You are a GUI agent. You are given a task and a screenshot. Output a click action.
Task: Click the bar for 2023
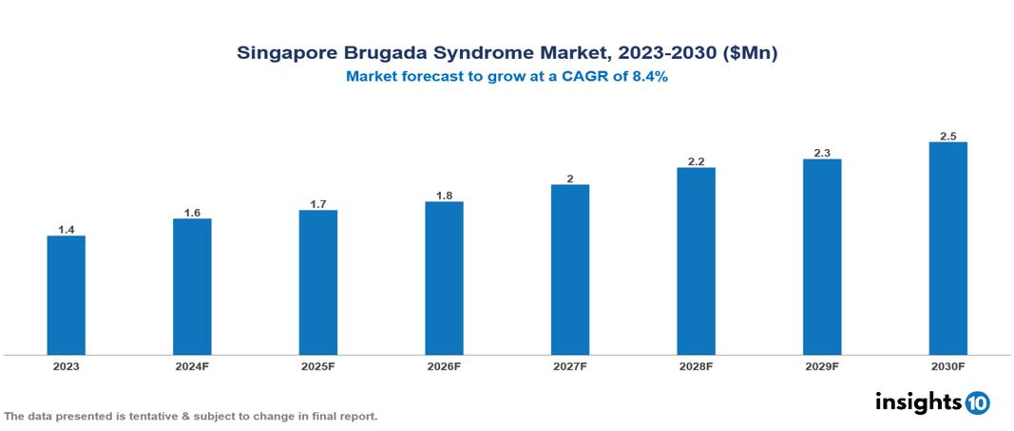point(67,295)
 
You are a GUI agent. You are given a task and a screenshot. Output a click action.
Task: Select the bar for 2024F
point(192,287)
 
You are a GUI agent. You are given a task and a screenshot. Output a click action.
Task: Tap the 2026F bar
point(444,278)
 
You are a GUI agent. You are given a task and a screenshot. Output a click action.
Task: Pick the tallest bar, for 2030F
point(947,249)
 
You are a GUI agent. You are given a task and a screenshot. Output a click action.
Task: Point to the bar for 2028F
point(696,261)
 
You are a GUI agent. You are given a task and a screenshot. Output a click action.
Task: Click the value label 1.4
point(67,230)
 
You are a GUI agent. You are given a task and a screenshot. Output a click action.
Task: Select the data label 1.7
point(318,204)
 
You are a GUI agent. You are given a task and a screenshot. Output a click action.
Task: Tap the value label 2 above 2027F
point(570,178)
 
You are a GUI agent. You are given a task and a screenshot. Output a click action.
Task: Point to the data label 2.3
point(822,153)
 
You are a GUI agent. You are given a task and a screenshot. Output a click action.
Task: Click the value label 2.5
point(947,136)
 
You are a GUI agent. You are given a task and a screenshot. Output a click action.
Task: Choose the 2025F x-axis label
point(318,365)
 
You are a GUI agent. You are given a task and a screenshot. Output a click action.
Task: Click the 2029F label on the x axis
point(822,365)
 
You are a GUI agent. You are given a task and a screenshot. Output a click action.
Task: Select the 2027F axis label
point(570,365)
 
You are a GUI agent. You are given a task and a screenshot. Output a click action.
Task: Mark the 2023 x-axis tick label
point(67,365)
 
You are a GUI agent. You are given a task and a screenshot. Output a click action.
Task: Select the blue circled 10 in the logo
point(977,403)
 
